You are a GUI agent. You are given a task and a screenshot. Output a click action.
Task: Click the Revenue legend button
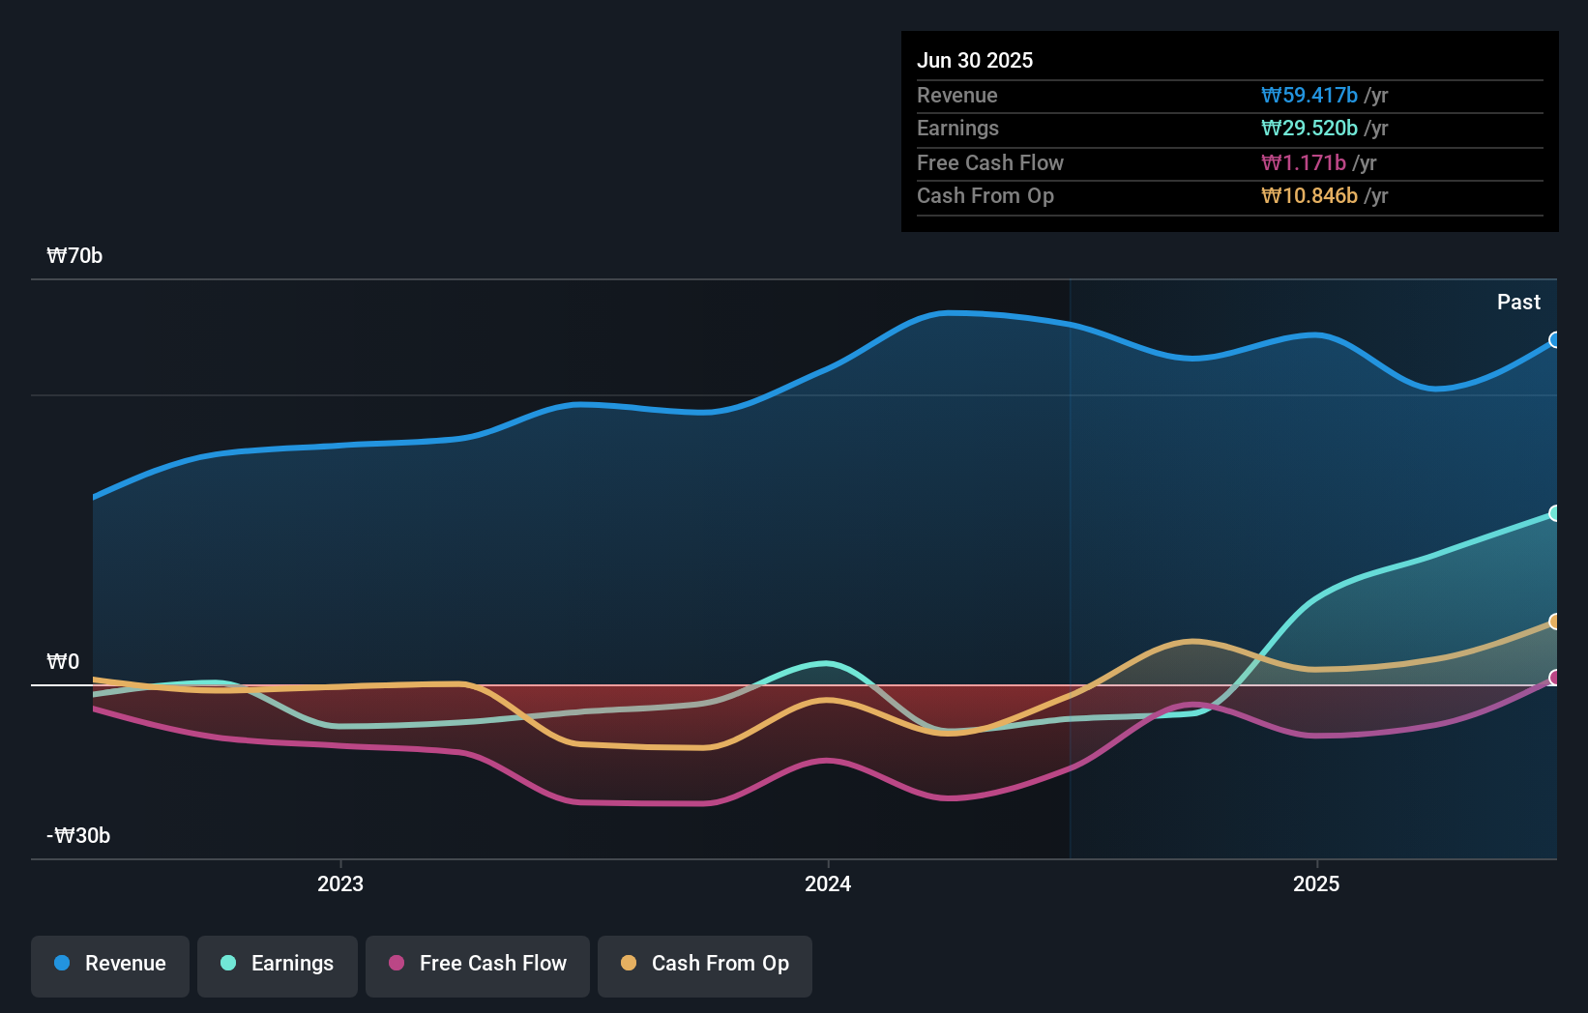click(x=110, y=964)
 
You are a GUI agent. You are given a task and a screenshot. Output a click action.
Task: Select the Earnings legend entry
click(x=278, y=964)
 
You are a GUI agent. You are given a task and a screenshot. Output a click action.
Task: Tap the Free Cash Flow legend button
click(x=478, y=964)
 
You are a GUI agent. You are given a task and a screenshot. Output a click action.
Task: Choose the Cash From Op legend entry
click(x=705, y=964)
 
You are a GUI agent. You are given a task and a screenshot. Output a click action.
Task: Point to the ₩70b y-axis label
click(x=74, y=256)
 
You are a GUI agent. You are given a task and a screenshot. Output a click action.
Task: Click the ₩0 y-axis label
click(x=63, y=662)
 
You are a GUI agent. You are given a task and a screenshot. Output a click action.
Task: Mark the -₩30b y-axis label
click(x=78, y=836)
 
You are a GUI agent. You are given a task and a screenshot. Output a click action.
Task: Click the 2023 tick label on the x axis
click(x=340, y=883)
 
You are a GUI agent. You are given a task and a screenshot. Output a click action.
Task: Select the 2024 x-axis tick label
click(x=828, y=883)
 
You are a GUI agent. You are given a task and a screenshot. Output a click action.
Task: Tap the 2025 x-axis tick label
click(x=1316, y=883)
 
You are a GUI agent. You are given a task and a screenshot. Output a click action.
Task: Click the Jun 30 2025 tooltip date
click(x=975, y=61)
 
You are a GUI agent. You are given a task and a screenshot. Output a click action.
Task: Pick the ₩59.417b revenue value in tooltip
click(x=1309, y=96)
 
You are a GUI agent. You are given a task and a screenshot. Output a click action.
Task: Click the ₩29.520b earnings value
click(x=1309, y=129)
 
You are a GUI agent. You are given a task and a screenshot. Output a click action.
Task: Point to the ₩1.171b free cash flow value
click(x=1304, y=163)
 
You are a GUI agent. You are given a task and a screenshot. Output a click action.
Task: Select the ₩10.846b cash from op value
click(x=1309, y=196)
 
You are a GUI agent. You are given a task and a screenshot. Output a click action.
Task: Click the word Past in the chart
click(x=1518, y=303)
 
